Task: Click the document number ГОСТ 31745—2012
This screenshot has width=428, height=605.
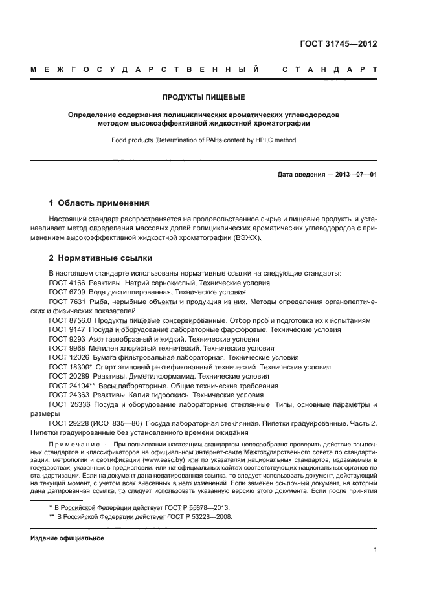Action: click(x=339, y=44)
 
